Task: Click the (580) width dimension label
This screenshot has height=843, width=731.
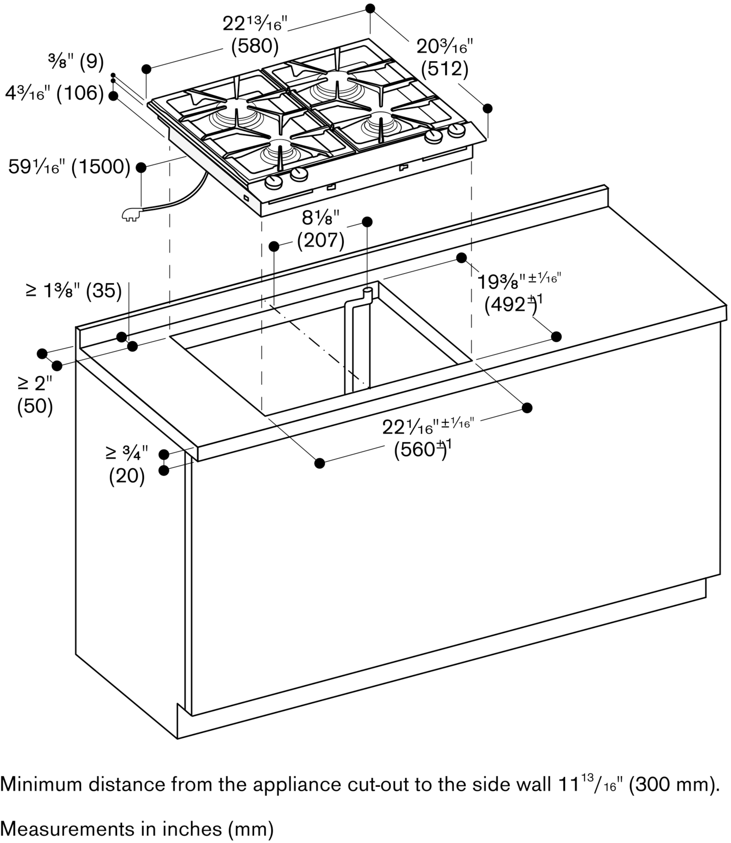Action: [x=255, y=46]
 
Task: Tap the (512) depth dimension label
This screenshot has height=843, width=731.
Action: [x=445, y=69]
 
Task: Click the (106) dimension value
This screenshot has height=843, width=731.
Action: [x=80, y=94]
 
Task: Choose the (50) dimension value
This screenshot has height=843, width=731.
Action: [x=35, y=406]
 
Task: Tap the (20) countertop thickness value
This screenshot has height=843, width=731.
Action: [x=127, y=477]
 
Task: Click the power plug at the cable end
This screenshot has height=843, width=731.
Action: [x=131, y=214]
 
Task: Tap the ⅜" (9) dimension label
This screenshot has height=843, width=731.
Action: [x=75, y=62]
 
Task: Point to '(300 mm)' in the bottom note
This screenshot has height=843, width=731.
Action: [x=671, y=785]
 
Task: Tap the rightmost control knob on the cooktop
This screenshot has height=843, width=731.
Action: [x=456, y=131]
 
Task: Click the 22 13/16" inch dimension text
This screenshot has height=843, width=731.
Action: [x=255, y=24]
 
